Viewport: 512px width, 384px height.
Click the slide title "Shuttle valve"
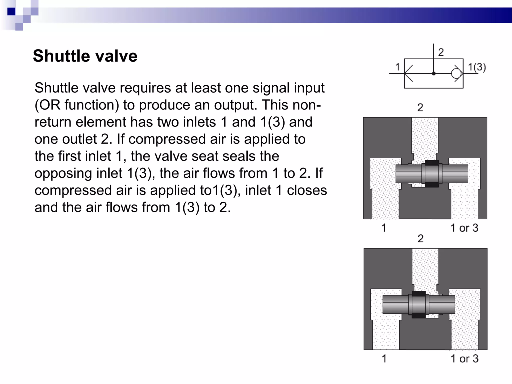(85, 56)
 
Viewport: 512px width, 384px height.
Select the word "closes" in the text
(307, 190)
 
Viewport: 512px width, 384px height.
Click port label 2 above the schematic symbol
(441, 52)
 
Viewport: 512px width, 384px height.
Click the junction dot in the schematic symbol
(434, 73)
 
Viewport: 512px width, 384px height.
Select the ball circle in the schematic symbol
(456, 73)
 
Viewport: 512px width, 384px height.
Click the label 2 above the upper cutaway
(420, 107)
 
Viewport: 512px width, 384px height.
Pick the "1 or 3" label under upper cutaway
(464, 228)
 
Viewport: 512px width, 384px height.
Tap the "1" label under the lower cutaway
(384, 358)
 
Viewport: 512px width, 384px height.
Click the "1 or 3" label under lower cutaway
(464, 358)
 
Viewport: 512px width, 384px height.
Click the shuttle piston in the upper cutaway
(432, 173)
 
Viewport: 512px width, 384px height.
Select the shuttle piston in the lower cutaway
(419, 304)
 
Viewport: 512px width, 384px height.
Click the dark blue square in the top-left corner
(11, 11)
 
